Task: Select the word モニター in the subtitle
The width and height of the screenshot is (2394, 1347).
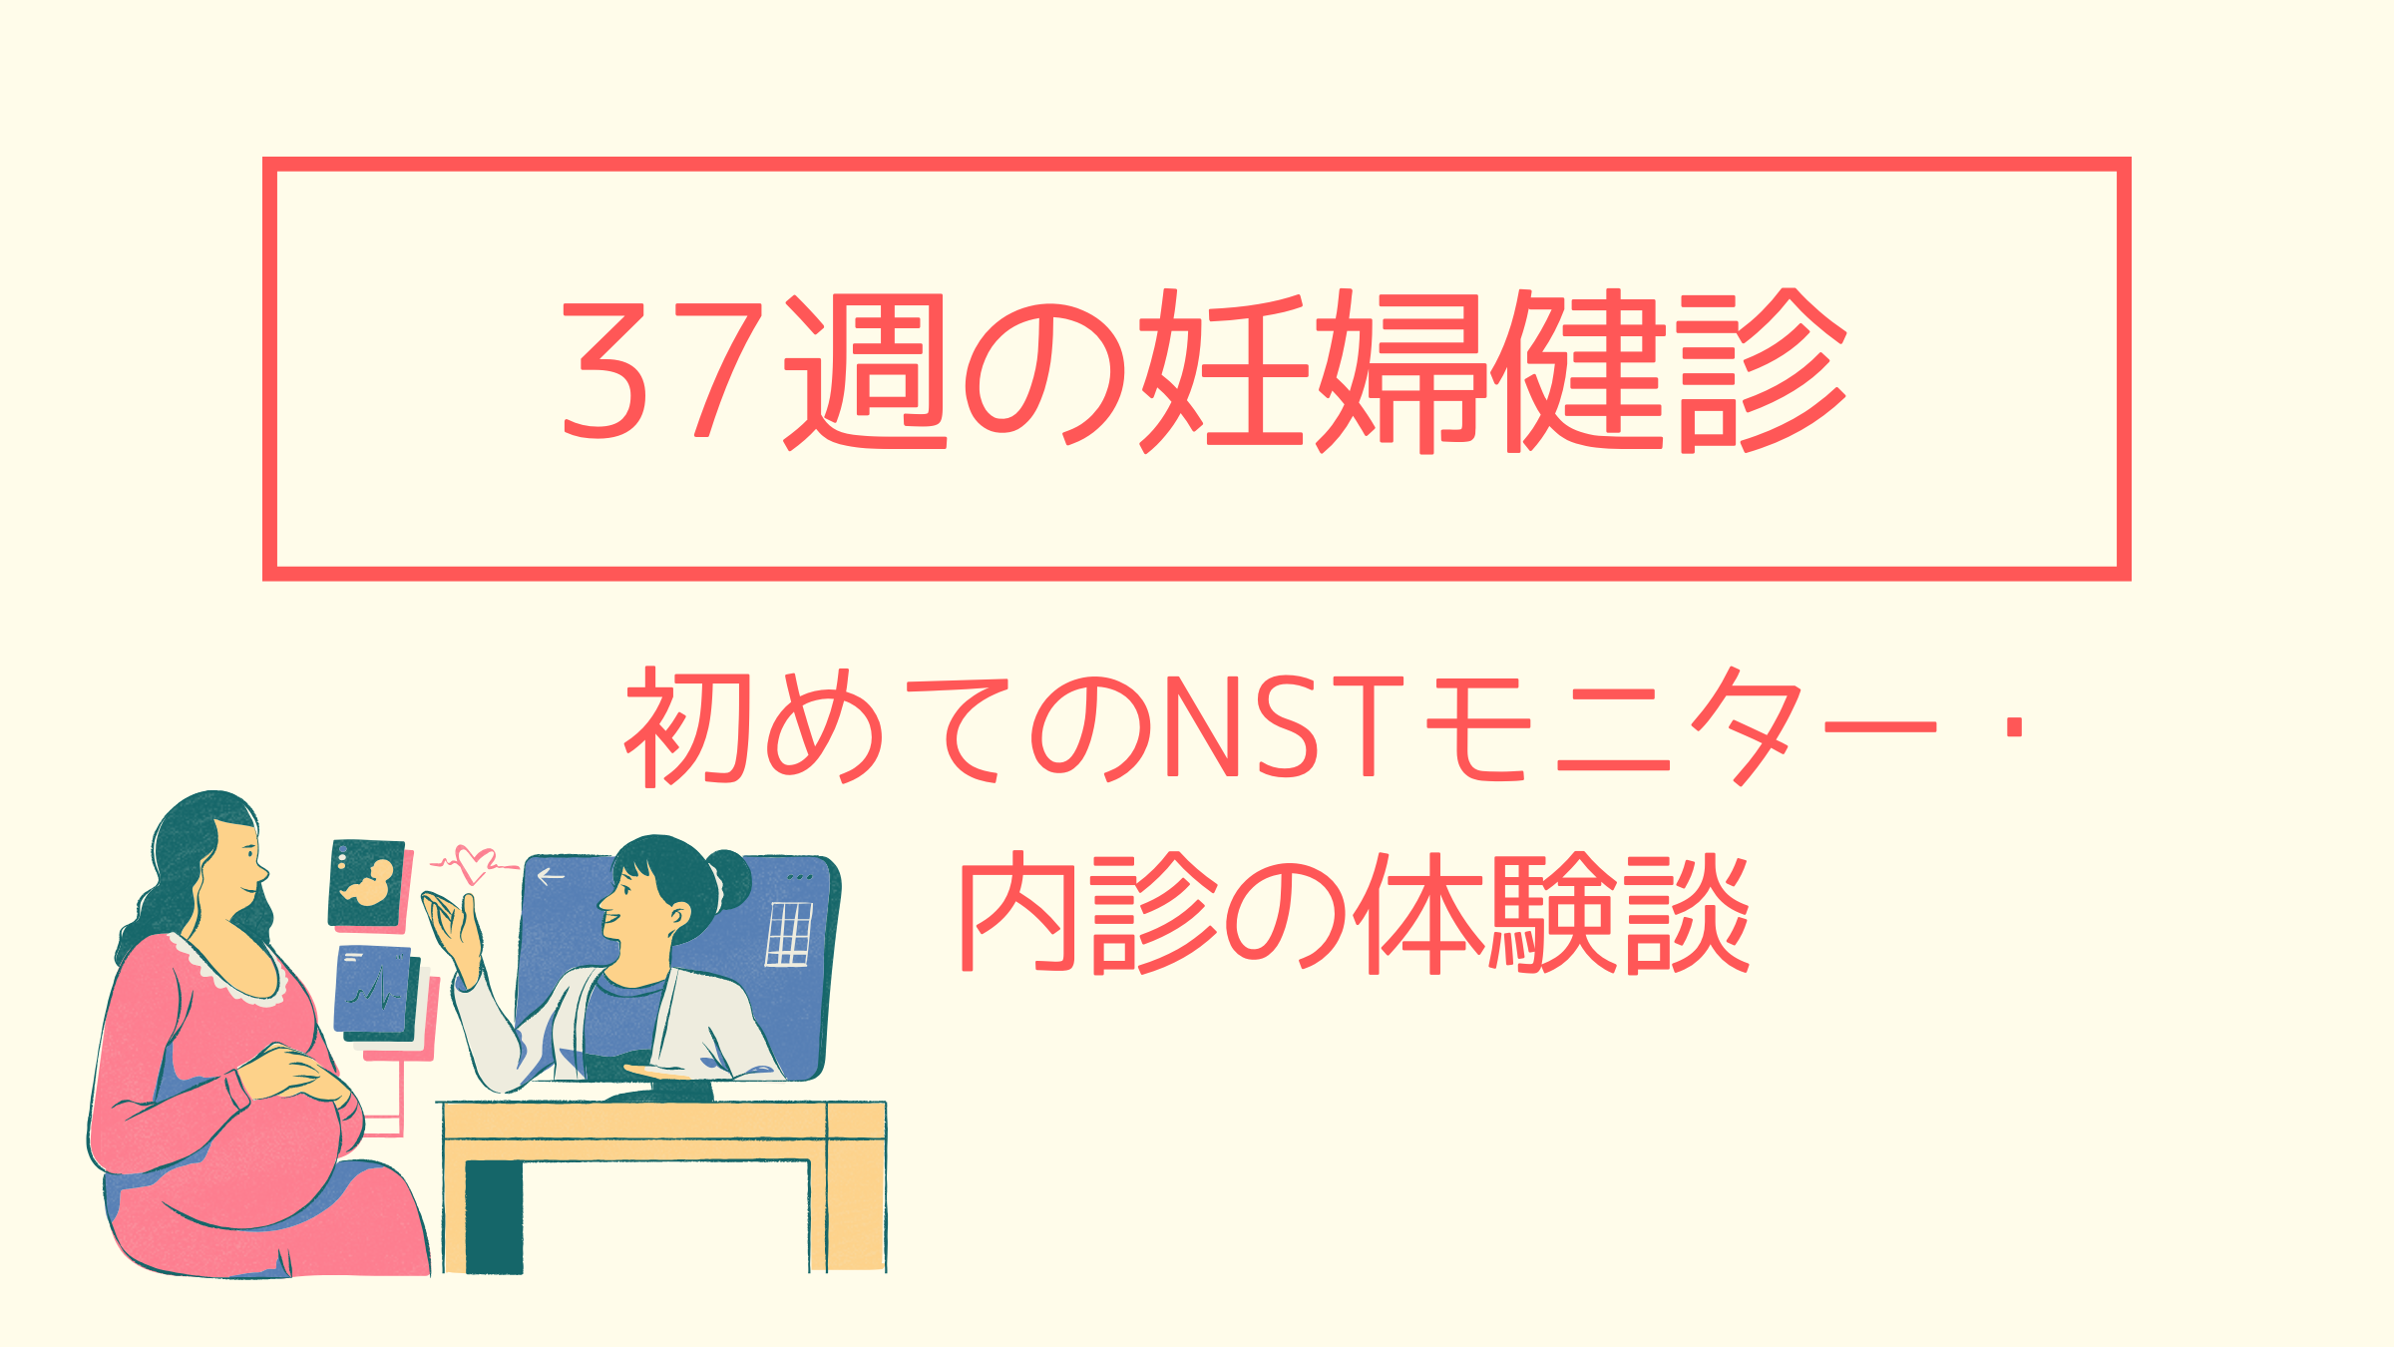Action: pos(1681,726)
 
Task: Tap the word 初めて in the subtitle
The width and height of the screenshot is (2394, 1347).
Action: pos(812,726)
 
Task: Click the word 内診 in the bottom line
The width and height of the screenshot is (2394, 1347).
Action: pos(1088,912)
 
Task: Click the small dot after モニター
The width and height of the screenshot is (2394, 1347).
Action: pos(2014,726)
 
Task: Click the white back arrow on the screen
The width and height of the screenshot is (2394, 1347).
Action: pos(551,877)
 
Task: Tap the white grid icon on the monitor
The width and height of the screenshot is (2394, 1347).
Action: pos(788,934)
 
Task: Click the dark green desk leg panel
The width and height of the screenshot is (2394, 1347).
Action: pos(494,1217)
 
